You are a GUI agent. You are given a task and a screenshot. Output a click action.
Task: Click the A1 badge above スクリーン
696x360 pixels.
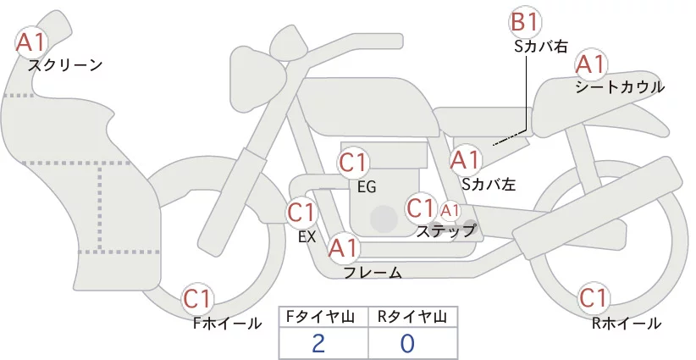[x=31, y=42]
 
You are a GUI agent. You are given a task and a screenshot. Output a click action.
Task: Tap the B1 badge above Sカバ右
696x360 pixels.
[x=526, y=22]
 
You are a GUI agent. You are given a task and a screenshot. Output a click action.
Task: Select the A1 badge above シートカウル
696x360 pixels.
[x=591, y=65]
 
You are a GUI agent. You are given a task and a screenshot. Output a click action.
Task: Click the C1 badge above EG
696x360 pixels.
[x=353, y=163]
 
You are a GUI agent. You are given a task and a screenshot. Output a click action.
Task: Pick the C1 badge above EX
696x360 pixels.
[x=301, y=213]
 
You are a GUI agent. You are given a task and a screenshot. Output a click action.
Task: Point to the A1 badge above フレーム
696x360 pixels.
[x=343, y=248]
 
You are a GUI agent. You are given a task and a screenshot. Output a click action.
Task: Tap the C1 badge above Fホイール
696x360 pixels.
[x=197, y=299]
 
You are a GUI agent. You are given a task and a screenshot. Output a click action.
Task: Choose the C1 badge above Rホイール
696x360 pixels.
[x=594, y=298]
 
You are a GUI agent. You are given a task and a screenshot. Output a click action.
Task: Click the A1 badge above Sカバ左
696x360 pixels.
[x=466, y=160]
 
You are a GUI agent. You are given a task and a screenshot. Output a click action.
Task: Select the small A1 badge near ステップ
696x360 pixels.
[x=450, y=211]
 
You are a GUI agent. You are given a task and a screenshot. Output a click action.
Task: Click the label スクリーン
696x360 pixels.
[x=65, y=66]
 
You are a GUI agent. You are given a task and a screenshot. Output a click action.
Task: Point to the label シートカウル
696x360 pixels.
[x=620, y=87]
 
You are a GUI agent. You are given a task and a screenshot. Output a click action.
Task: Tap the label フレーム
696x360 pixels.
[x=373, y=273]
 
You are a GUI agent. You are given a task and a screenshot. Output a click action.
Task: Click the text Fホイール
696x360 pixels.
[x=227, y=324]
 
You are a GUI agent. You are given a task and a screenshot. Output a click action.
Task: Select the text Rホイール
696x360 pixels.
[x=627, y=324]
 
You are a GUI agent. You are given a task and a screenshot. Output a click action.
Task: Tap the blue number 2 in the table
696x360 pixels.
[x=318, y=343]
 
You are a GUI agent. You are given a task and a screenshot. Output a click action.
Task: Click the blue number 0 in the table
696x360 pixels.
[x=407, y=343]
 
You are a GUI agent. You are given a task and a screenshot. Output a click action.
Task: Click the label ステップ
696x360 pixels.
[x=445, y=231]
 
